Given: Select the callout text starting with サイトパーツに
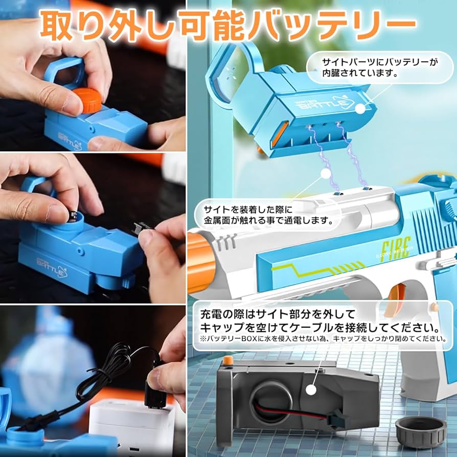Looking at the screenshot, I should pos(380,67).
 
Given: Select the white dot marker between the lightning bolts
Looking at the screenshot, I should pos(325,174).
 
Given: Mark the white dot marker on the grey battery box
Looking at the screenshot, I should pos(311,390).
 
